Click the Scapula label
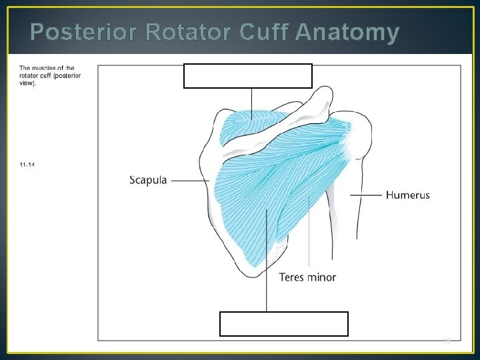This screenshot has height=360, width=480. (149, 180)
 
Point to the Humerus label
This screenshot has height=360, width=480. (407, 195)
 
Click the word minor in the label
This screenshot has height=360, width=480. (322, 277)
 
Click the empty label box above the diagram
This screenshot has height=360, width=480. (247, 75)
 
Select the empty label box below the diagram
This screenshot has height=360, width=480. (283, 323)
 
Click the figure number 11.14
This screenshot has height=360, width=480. (27, 165)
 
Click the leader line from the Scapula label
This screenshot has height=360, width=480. (190, 180)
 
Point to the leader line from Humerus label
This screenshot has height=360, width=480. (367, 195)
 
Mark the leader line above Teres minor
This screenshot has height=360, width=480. (309, 233)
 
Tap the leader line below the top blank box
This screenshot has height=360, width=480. (251, 103)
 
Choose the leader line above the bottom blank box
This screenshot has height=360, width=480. (267, 267)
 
